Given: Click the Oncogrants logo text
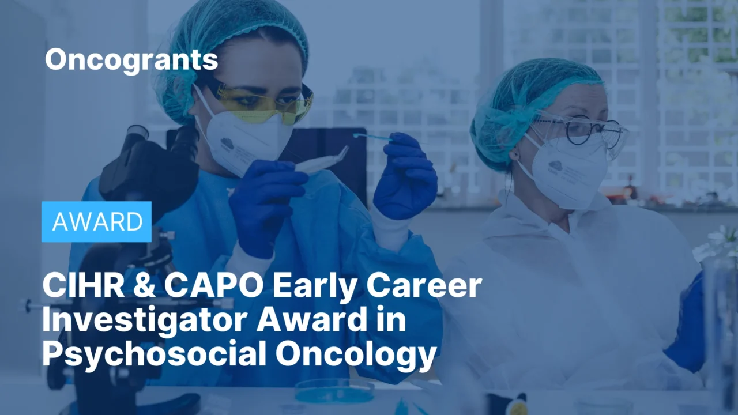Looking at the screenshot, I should pos(131,60).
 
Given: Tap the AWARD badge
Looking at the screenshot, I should pos(97,222).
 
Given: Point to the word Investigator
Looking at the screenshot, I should pos(144,320).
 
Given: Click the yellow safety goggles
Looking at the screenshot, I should pos(265,104).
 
